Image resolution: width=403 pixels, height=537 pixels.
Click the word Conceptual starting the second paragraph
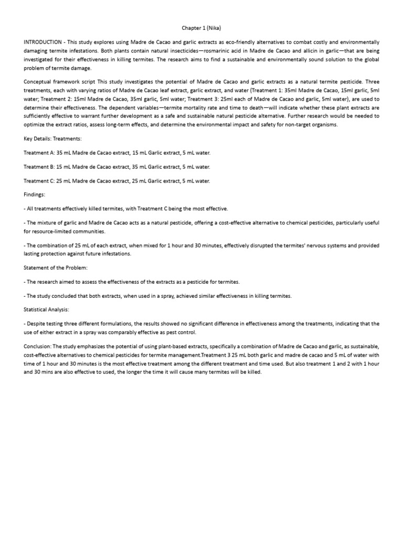point(38,82)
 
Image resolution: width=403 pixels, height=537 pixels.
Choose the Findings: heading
point(36,195)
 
